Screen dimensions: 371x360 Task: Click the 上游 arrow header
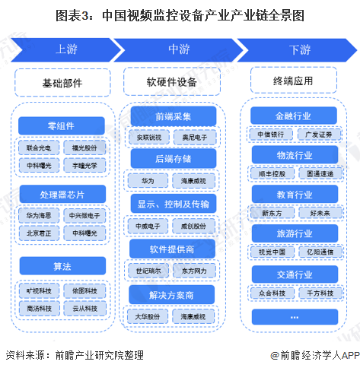[65, 50]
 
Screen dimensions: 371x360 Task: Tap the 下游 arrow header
[299, 50]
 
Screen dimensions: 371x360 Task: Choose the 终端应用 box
[293, 81]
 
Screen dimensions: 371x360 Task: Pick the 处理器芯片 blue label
[62, 193]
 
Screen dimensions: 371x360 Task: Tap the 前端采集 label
[174, 117]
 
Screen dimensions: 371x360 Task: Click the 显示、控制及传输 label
[174, 204]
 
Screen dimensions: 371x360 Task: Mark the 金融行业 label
[293, 116]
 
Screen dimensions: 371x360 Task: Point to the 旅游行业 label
[293, 232]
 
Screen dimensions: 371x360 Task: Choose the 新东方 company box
[271, 214]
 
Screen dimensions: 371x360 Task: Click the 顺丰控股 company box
[271, 174]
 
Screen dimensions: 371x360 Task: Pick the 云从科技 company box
[88, 308]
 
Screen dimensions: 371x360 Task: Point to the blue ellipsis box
[293, 313]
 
